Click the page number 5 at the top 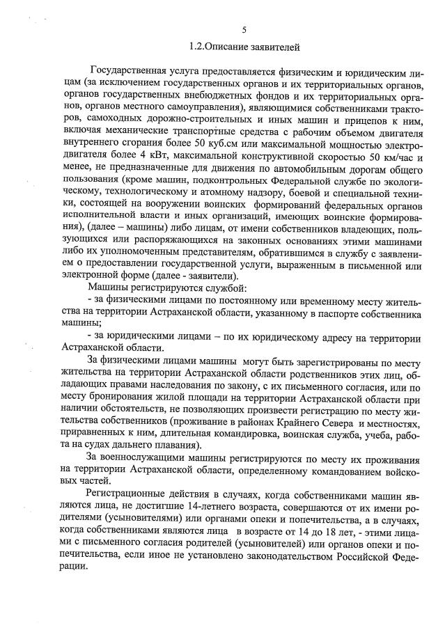tap(244, 31)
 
